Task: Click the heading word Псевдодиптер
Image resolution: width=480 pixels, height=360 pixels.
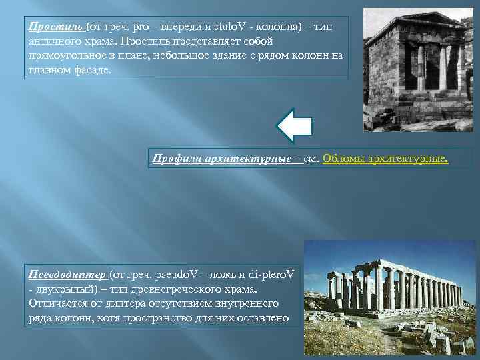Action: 67,274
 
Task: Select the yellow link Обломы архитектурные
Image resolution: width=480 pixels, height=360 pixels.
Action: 385,158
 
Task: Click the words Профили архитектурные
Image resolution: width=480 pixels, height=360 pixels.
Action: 227,158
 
